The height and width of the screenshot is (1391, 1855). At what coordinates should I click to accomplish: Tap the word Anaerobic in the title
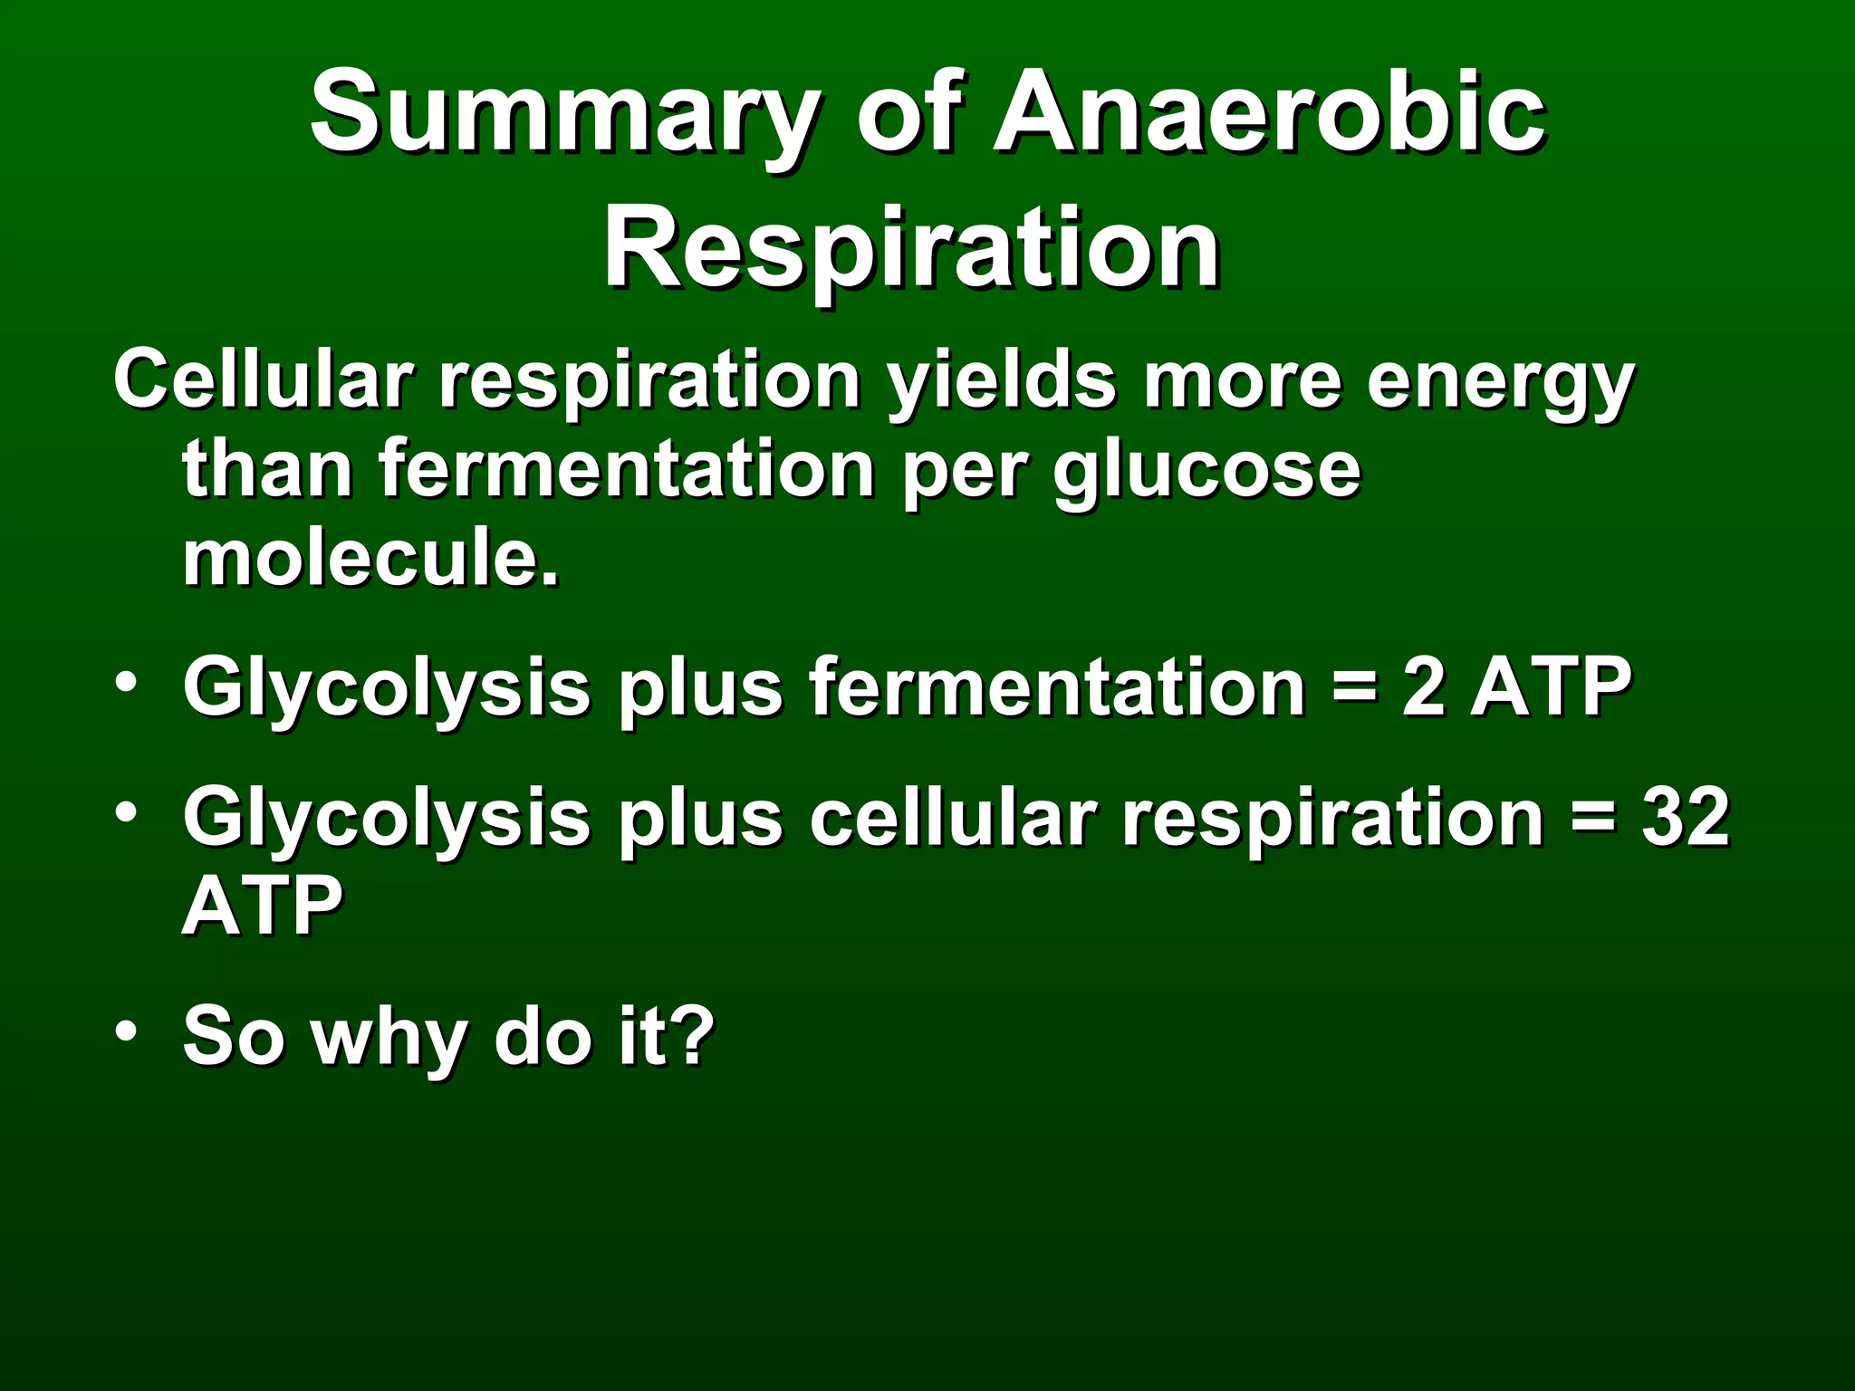1268,113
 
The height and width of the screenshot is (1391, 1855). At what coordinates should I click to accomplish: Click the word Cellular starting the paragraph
263,380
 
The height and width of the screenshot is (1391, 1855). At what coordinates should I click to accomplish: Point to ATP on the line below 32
263,906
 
